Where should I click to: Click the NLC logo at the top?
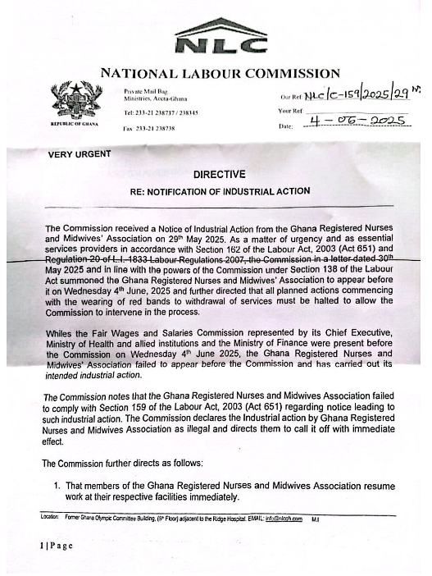[x=221, y=37]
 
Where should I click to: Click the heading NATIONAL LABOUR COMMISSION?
[x=220, y=74]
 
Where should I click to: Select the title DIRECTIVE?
[x=219, y=174]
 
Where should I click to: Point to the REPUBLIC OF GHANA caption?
[x=75, y=123]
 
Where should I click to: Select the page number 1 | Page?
[x=58, y=546]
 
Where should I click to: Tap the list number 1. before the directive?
[x=58, y=486]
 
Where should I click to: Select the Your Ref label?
[x=292, y=111]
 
